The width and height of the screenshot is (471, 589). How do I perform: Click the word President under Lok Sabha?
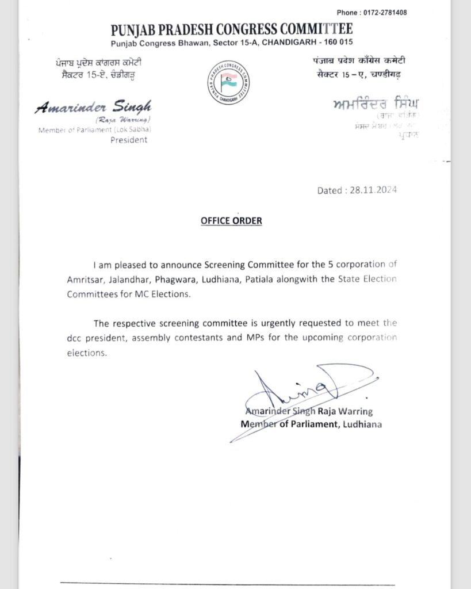129,140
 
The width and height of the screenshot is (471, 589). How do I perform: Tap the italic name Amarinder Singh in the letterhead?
93,107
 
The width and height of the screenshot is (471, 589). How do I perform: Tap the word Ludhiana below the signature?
363,424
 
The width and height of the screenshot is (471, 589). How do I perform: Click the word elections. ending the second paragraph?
87,353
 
